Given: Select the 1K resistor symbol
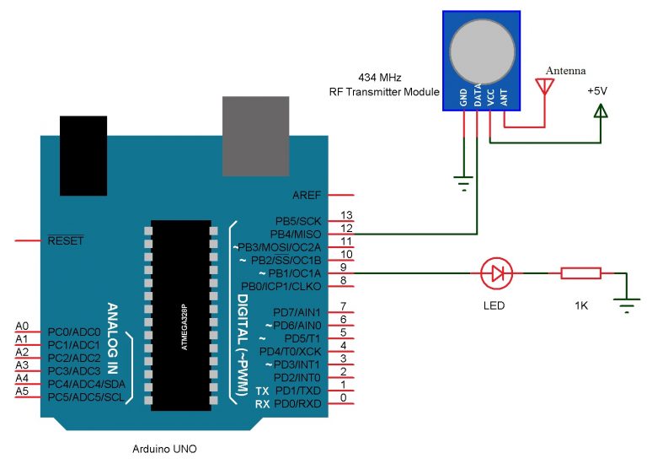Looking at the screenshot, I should coord(580,273).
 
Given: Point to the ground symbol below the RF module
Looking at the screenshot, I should coord(463,180).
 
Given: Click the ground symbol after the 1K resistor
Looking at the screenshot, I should coord(626,306).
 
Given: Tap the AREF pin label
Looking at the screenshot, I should coord(307,195).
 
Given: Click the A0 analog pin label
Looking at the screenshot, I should coord(23,326).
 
